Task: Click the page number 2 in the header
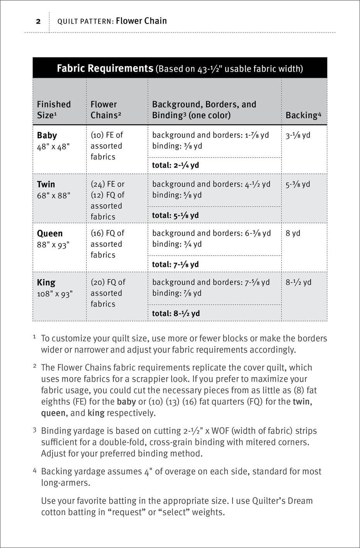[38, 21]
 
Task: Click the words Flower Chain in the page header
[141, 21]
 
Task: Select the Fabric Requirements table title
[105, 68]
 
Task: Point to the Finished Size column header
[54, 110]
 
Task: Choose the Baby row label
[47, 136]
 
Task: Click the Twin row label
[46, 185]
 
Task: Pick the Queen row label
[49, 234]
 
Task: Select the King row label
[46, 283]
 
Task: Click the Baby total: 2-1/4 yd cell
[175, 165]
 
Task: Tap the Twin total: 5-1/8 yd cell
[175, 215]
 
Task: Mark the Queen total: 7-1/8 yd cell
[175, 264]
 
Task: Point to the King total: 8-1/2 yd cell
[176, 313]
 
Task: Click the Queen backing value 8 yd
[293, 233]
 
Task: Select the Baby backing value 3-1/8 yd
[298, 135]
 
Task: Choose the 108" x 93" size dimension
[54, 294]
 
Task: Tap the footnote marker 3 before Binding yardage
[35, 430]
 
